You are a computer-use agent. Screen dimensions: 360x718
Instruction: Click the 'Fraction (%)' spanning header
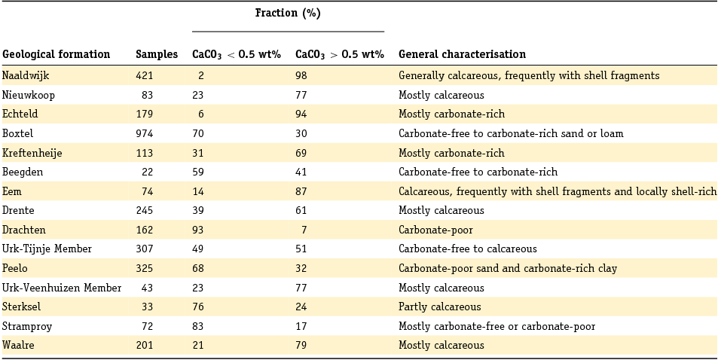[x=288, y=14]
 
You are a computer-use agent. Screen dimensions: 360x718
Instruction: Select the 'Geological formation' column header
[x=57, y=54]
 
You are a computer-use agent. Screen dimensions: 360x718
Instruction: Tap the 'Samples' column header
[x=157, y=54]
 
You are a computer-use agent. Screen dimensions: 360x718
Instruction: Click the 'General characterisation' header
[x=462, y=54]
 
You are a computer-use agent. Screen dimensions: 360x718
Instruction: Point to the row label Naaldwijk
[x=26, y=75]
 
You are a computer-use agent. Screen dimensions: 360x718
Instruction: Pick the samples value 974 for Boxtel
[x=144, y=133]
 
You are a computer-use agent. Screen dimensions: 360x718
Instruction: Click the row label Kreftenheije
[x=32, y=153]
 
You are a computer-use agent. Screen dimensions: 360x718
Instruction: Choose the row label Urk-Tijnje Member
[x=47, y=249]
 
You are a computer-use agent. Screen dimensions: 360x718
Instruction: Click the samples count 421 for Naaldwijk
[x=144, y=75]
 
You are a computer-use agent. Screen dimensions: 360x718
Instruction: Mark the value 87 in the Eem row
[x=301, y=191]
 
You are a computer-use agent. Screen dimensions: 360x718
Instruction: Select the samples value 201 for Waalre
[x=144, y=345]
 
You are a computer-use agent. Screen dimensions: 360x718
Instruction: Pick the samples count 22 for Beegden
[x=147, y=172]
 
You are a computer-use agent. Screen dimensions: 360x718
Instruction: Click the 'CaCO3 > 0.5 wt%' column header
[x=339, y=54]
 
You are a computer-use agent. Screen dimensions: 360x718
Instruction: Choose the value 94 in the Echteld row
[x=301, y=114]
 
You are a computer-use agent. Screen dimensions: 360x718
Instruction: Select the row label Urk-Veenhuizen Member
[x=61, y=288]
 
